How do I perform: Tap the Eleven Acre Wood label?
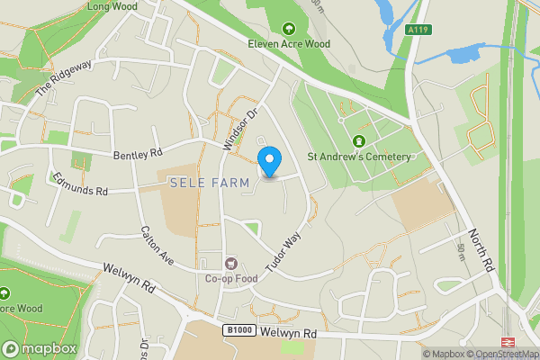288,41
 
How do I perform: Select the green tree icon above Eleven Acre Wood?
289,27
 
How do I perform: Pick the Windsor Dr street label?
239,129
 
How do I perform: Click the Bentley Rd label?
137,155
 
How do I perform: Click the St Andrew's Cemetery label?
359,156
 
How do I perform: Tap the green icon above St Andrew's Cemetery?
359,141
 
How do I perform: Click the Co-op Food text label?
231,278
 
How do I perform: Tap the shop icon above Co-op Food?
231,264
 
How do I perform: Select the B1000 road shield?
237,331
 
